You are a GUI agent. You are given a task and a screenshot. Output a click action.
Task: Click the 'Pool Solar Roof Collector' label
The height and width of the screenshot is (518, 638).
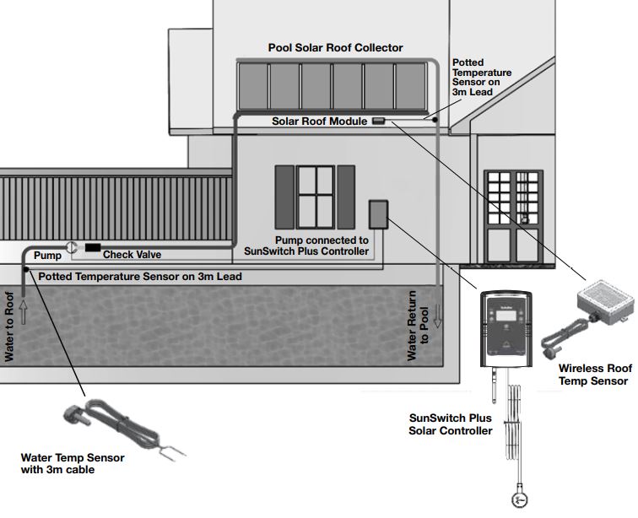click(x=335, y=48)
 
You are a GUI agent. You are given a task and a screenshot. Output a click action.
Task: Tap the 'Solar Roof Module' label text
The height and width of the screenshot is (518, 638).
click(x=319, y=121)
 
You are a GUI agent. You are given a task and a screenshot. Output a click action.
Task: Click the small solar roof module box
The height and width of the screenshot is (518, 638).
click(x=379, y=121)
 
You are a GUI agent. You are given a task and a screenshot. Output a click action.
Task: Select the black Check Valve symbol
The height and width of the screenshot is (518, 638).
click(x=90, y=247)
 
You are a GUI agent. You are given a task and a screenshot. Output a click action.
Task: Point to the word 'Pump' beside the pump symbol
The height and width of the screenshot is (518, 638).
click(x=46, y=254)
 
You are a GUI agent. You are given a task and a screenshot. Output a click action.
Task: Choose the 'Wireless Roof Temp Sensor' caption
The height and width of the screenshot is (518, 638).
click(x=594, y=375)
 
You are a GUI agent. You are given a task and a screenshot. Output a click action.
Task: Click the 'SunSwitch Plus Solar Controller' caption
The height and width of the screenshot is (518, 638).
click(x=450, y=424)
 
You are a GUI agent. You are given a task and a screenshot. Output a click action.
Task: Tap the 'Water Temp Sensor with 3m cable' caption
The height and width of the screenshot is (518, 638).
click(x=73, y=464)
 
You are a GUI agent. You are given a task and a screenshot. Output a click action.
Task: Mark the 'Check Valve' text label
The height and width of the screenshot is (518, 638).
click(x=132, y=254)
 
